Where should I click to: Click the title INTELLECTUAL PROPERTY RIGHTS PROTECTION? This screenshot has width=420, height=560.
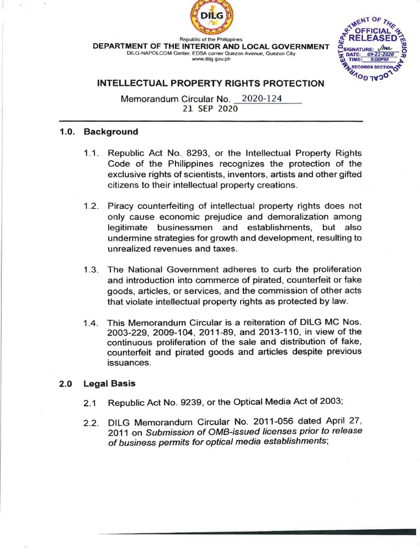pos(211,84)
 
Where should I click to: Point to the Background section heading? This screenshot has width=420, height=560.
pos(110,132)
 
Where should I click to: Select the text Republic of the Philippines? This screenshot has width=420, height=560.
pos(211,40)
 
